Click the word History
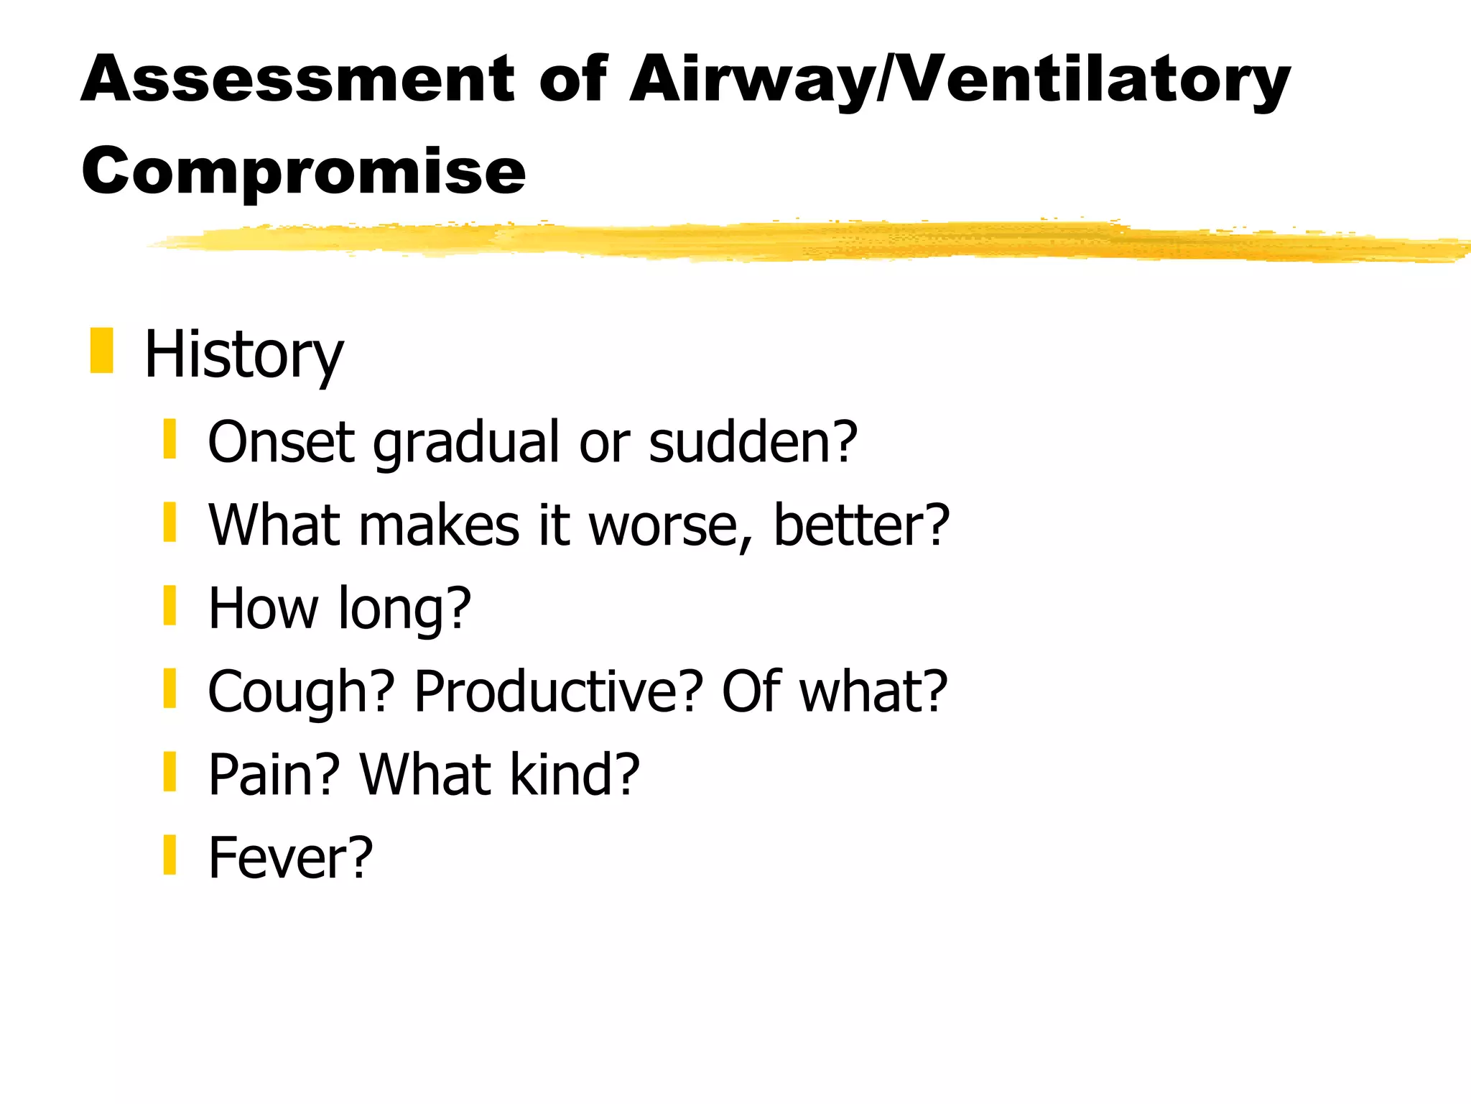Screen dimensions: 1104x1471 243,354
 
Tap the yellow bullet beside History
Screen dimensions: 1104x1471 102,351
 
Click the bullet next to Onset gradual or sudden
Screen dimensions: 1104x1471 170,439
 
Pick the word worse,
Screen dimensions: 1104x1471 670,525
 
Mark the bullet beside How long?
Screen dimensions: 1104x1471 170,605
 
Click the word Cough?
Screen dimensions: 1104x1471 301,691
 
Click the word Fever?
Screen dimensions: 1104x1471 290,857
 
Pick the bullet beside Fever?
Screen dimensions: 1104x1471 170,855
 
